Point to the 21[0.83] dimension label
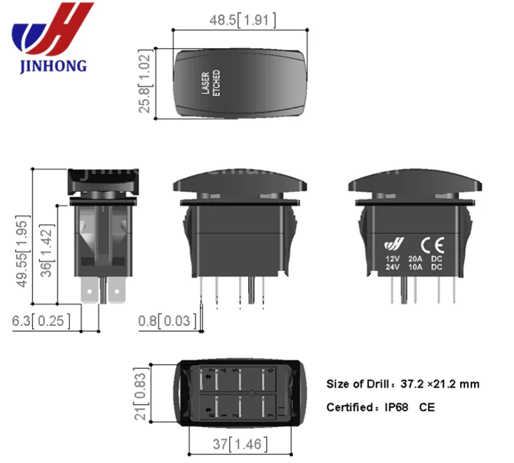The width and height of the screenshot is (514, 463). (x=140, y=393)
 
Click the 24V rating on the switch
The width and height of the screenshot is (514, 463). (x=392, y=267)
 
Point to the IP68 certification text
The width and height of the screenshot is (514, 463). (x=395, y=407)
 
